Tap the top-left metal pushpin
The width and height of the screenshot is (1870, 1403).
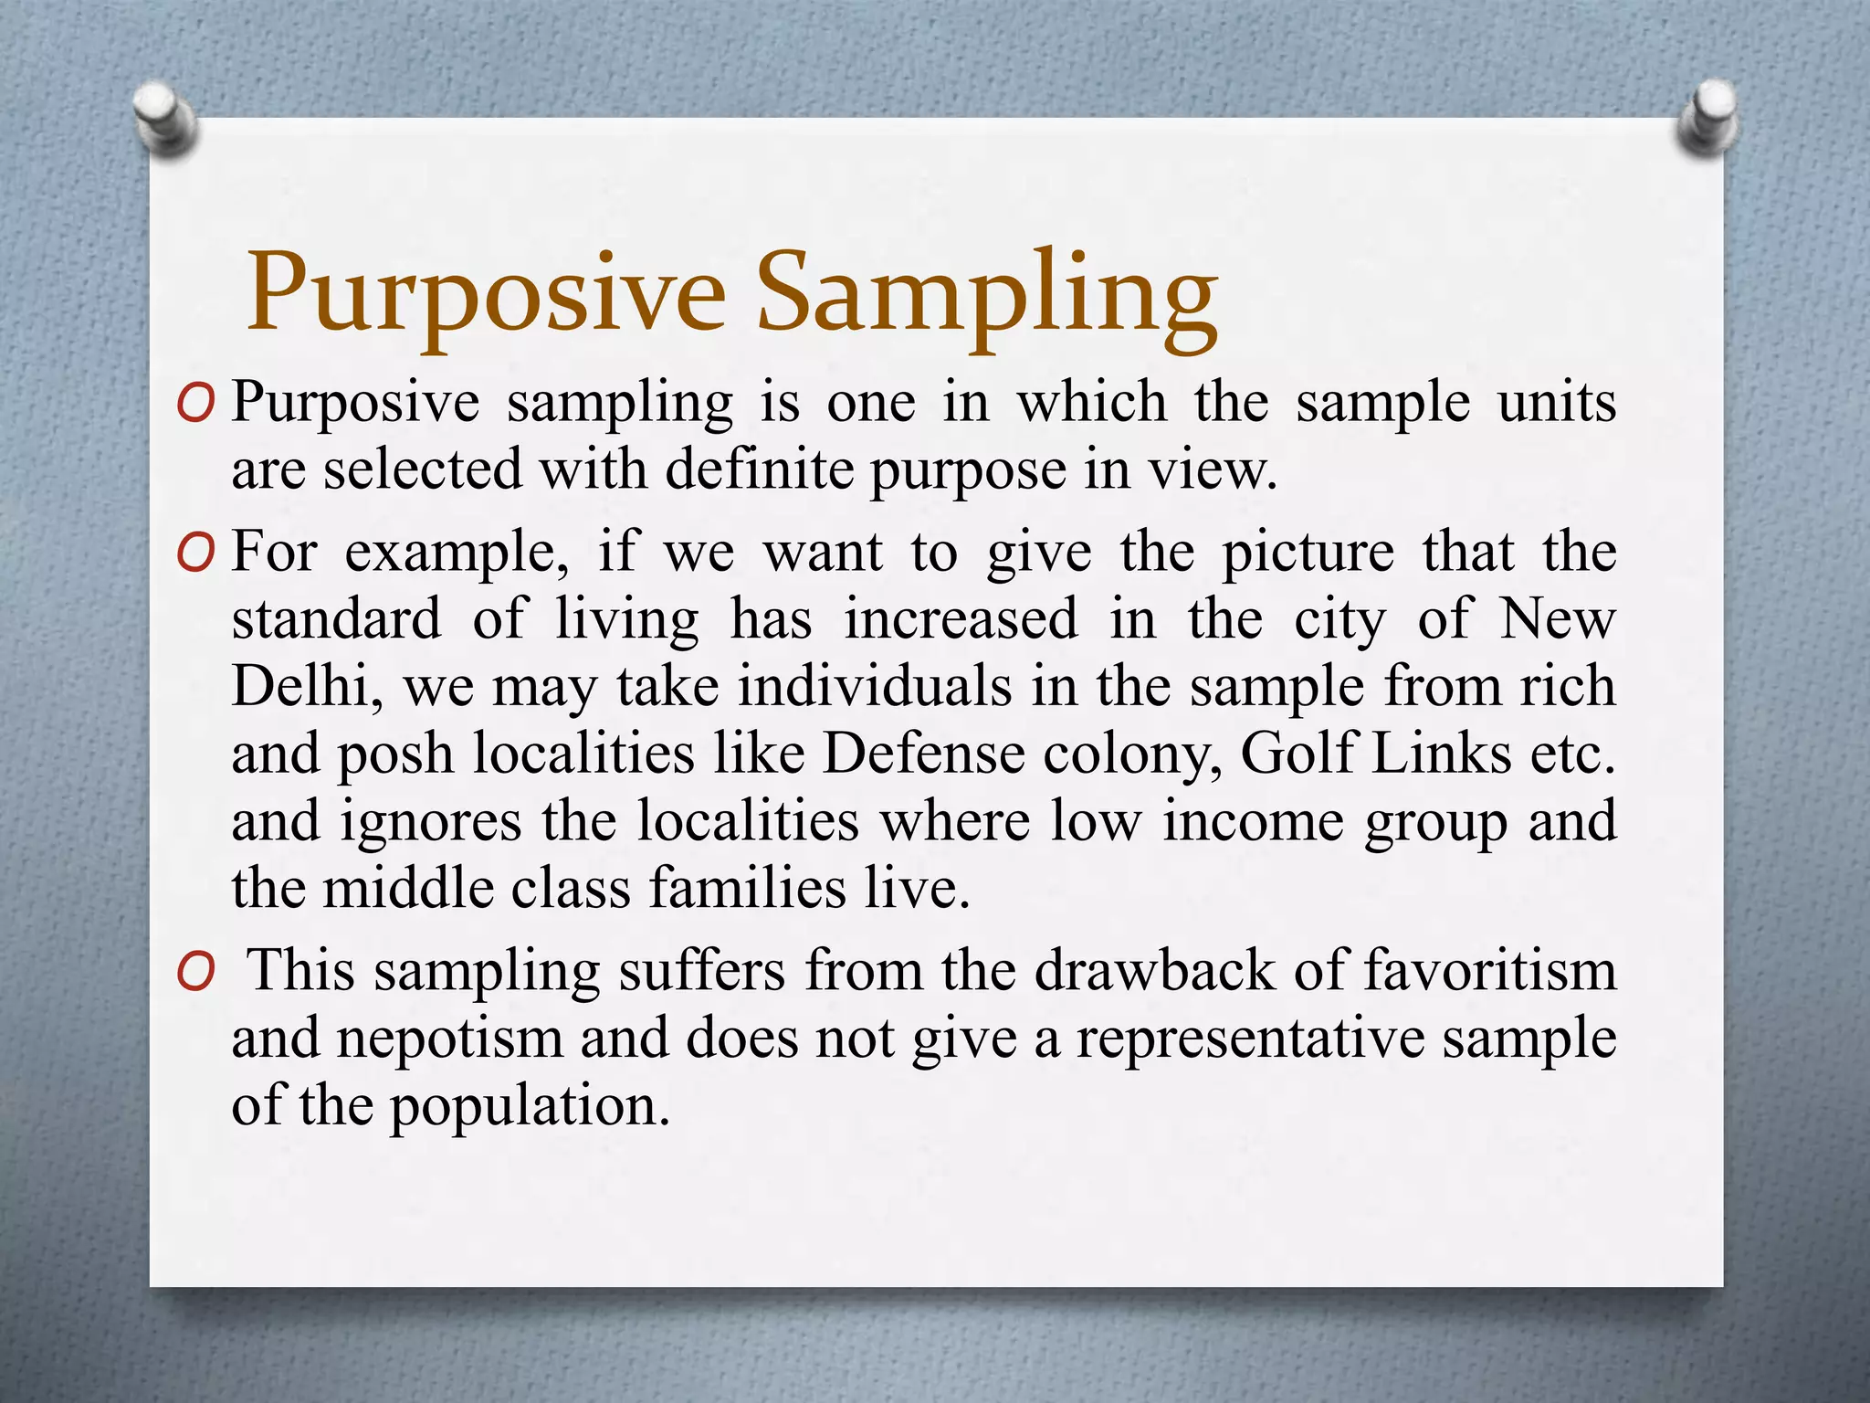click(164, 118)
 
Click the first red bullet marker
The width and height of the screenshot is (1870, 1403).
click(195, 405)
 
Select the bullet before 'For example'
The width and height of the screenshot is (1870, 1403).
click(195, 554)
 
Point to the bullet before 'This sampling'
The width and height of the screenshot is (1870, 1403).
click(195, 972)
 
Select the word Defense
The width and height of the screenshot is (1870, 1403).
click(923, 754)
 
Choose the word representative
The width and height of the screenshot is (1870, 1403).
click(1250, 1039)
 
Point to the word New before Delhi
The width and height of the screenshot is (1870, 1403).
click(1558, 619)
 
